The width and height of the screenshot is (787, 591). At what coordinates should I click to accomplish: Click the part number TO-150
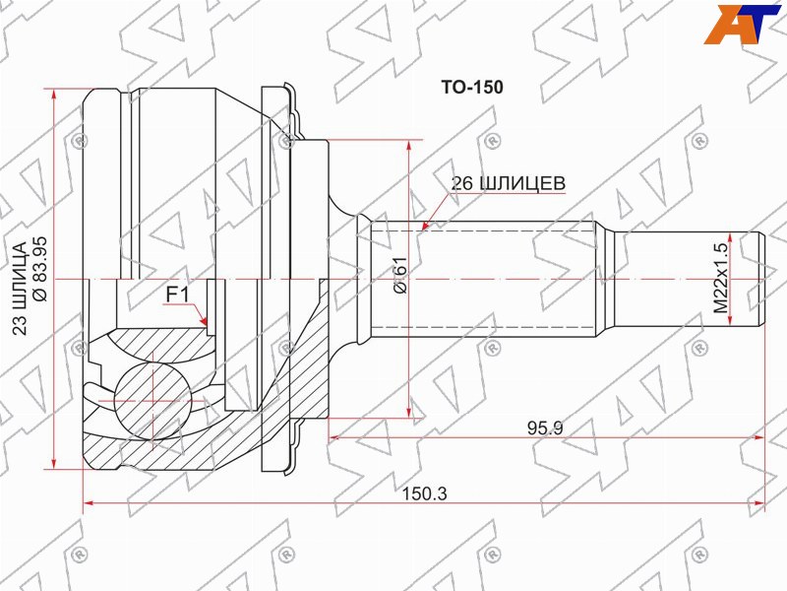[472, 88]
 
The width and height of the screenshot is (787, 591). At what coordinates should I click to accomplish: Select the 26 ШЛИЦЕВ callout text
[508, 183]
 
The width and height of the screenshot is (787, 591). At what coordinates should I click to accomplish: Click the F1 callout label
[177, 295]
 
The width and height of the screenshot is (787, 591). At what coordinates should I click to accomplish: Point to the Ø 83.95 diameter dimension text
[39, 269]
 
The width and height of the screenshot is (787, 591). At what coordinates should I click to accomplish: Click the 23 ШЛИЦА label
[20, 289]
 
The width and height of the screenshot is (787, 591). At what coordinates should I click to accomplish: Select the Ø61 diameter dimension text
[400, 275]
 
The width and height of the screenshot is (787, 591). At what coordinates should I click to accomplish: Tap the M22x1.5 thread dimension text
[721, 278]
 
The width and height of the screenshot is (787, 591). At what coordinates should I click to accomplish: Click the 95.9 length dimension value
[545, 428]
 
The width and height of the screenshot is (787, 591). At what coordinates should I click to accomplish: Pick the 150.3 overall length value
[424, 493]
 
